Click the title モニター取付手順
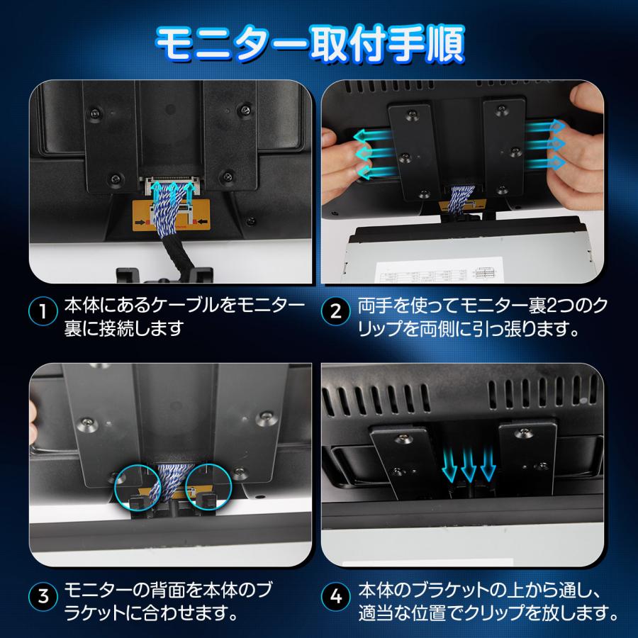(310, 44)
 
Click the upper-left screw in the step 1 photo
(94, 112)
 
